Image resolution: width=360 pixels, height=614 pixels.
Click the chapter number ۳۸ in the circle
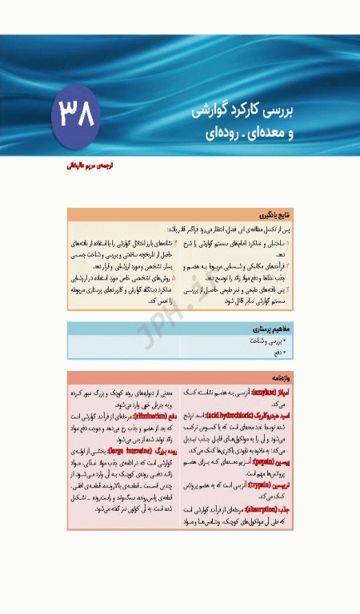point(75,114)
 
